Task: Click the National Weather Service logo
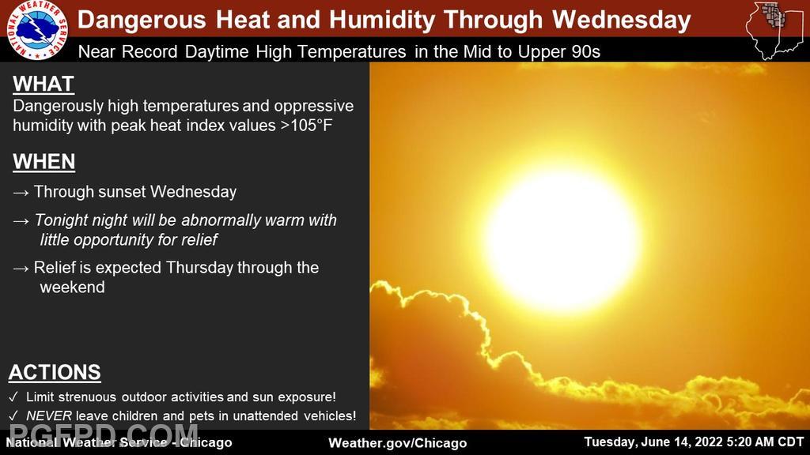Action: (x=37, y=29)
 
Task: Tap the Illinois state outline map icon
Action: (x=774, y=30)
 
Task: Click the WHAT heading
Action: (x=44, y=84)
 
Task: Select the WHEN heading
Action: (x=44, y=161)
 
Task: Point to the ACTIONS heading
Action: (x=55, y=373)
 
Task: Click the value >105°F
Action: (x=306, y=126)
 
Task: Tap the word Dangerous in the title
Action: (x=142, y=21)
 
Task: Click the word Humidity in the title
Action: (x=382, y=21)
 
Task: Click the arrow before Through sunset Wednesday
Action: (x=21, y=193)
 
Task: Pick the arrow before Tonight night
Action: (x=21, y=221)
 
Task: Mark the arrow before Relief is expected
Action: (x=21, y=269)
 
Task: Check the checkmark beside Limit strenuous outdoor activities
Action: (x=14, y=397)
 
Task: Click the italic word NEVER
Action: (x=48, y=416)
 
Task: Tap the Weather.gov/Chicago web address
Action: (x=398, y=442)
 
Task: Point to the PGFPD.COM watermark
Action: (x=104, y=434)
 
